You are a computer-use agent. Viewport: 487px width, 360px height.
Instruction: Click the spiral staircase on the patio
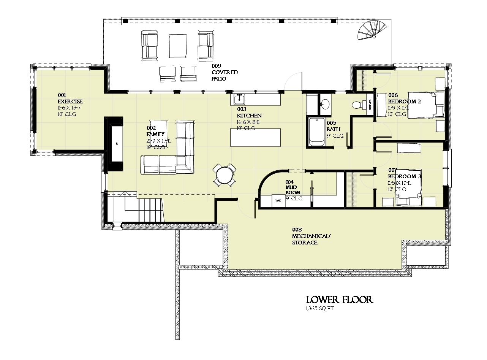[373, 31]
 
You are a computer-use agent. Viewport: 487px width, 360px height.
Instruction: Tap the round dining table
[225, 175]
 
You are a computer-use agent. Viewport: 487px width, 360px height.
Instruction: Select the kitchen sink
[239, 100]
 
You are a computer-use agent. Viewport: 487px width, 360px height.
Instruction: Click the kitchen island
[256, 138]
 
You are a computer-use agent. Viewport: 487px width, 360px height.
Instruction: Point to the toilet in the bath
[357, 105]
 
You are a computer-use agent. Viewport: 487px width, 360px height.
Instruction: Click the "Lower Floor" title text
[340, 300]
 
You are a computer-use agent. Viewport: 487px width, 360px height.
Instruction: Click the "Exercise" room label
[70, 101]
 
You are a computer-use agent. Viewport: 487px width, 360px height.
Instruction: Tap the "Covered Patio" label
[225, 72]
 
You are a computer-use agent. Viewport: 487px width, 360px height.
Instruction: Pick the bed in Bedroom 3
[408, 188]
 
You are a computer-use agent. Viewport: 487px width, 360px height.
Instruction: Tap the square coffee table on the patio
[178, 45]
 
